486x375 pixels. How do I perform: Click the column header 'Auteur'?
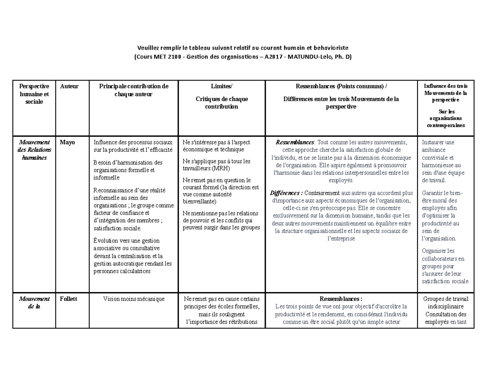pos(69,86)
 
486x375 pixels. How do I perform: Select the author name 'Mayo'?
pos(67,142)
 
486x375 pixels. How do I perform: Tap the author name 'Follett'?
pos(69,299)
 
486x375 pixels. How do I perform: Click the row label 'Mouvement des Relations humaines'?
pos(34,150)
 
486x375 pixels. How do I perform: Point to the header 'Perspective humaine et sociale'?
pos(34,94)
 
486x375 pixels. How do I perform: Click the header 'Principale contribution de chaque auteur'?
pos(134,90)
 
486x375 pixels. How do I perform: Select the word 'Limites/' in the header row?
pos(222,86)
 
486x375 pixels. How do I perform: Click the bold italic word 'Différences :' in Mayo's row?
pos(286,193)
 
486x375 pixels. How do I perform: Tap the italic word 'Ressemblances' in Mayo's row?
pos(294,142)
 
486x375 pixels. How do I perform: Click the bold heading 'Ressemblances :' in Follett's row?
pos(341,299)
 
